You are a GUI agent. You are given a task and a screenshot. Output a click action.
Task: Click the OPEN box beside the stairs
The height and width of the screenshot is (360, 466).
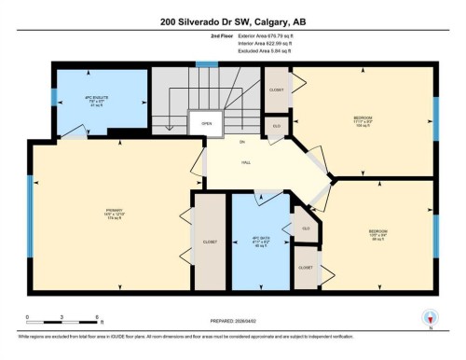[x=205, y=123]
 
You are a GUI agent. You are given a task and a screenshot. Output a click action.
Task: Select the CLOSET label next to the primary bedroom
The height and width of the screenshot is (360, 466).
[x=210, y=242]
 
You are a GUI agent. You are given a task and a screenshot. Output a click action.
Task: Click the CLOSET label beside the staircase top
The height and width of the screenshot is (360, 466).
[x=277, y=91]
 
